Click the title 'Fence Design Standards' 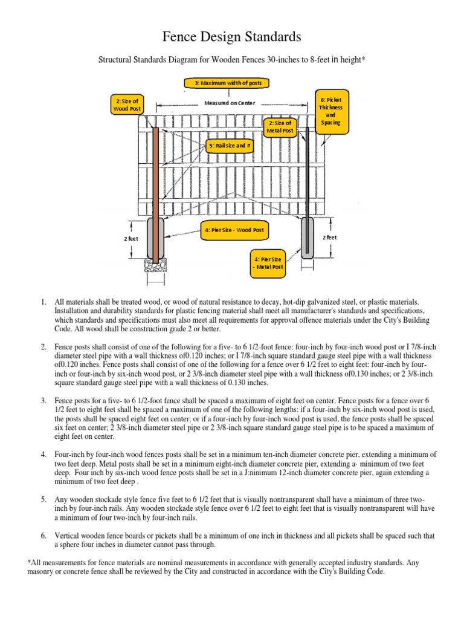(x=232, y=37)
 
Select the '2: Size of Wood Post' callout (x=128, y=105)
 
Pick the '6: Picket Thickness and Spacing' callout (x=330, y=110)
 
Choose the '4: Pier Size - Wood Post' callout (x=233, y=230)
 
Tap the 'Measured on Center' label (x=230, y=103)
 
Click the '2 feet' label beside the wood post (x=131, y=239)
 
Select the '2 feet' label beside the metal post (x=329, y=238)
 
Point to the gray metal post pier (x=308, y=239)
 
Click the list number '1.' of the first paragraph (x=43, y=302)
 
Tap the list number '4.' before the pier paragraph (x=43, y=454)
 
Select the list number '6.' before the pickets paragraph (x=43, y=536)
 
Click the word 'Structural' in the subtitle (x=115, y=60)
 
